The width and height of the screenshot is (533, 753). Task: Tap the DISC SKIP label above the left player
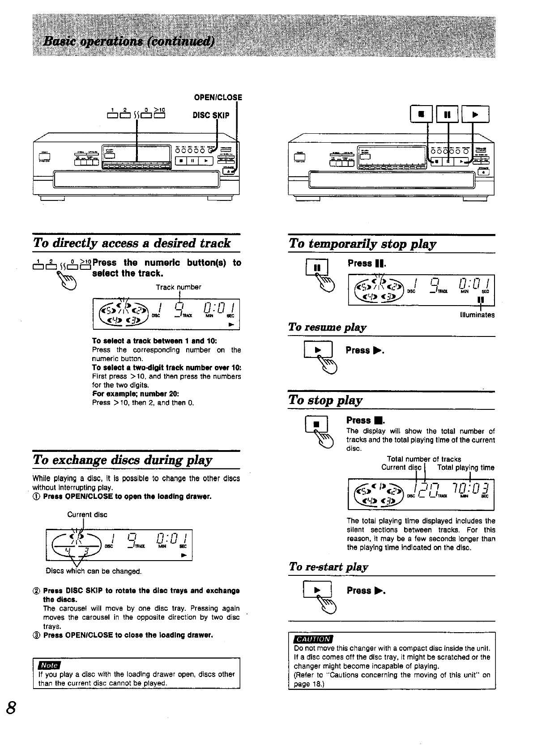click(x=211, y=115)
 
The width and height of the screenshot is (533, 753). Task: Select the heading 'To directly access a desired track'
click(x=132, y=243)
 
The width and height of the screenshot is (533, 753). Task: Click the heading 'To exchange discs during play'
click(x=123, y=460)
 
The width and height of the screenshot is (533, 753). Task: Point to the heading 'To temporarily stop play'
click(x=362, y=244)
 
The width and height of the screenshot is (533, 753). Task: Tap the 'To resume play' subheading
click(x=328, y=327)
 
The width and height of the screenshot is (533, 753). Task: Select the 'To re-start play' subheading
click(x=328, y=567)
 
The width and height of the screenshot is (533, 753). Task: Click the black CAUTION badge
click(x=313, y=639)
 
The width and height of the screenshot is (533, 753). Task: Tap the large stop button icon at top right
click(x=421, y=114)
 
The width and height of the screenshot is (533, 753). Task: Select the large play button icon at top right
click(x=475, y=114)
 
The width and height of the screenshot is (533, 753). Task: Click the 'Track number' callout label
click(x=179, y=287)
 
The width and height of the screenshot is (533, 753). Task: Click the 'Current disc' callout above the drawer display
click(x=87, y=515)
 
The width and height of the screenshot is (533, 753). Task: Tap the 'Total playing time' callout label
click(x=465, y=468)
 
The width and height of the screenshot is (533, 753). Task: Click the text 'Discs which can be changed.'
click(x=94, y=571)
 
